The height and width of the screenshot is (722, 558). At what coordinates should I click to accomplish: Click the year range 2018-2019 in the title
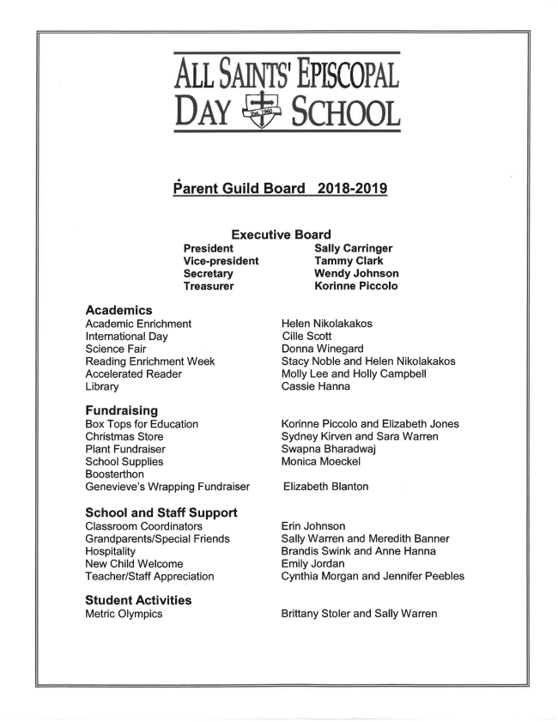353,188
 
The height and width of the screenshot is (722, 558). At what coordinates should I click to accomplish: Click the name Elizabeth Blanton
326,487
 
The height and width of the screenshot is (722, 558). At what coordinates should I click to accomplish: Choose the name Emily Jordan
314,564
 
